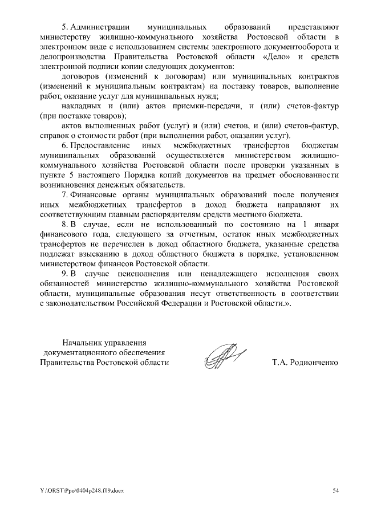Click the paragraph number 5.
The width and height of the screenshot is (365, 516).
[64, 26]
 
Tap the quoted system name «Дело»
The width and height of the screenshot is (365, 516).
[277, 57]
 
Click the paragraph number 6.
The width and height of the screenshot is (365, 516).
[64, 146]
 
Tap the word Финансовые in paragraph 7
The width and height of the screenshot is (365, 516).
[93, 194]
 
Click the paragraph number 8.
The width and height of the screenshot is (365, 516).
[64, 224]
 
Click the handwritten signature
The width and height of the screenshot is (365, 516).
[223, 357]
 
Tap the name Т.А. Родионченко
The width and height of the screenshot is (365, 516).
[307, 362]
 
